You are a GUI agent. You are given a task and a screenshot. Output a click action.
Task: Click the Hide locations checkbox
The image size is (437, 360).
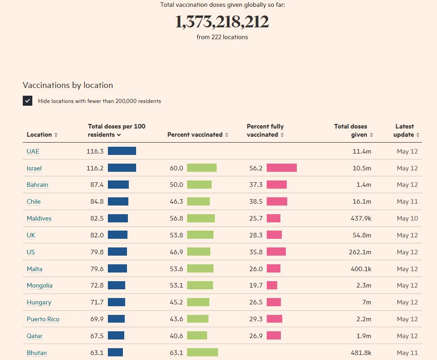point(28,101)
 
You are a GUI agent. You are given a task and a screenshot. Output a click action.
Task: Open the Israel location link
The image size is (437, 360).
point(34,168)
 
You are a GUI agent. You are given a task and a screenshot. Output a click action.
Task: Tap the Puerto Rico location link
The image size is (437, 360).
point(43,319)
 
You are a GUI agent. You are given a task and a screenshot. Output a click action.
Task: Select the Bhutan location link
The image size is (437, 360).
point(36,353)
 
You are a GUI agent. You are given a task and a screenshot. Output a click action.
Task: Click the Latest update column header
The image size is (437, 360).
point(406,130)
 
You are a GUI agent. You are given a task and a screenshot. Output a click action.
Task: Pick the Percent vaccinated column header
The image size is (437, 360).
point(197,134)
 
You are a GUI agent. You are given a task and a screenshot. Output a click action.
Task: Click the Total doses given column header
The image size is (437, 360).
point(353,130)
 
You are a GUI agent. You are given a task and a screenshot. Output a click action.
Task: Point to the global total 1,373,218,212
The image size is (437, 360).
point(222,22)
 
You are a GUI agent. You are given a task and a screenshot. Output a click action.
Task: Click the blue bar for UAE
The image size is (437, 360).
point(122,151)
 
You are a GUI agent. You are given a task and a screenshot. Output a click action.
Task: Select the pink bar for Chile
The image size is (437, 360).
point(277,201)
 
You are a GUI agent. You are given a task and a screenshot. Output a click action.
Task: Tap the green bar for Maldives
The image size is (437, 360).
point(201,218)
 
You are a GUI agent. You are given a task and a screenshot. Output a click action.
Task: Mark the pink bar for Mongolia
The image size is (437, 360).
point(272,285)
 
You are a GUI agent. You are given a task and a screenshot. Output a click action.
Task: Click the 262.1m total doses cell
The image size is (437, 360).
point(360,252)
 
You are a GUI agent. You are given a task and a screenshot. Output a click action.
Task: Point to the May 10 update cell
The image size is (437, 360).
point(407,218)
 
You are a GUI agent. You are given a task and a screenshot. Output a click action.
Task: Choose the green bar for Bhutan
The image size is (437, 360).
point(202,353)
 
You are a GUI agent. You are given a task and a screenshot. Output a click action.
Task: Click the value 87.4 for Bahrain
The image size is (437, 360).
point(97,185)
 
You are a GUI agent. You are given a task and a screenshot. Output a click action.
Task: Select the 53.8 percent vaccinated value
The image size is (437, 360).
point(176,235)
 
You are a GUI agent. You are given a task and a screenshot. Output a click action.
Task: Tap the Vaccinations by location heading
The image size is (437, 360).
point(68,85)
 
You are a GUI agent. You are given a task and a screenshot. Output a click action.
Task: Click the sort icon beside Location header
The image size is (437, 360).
point(56,135)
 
